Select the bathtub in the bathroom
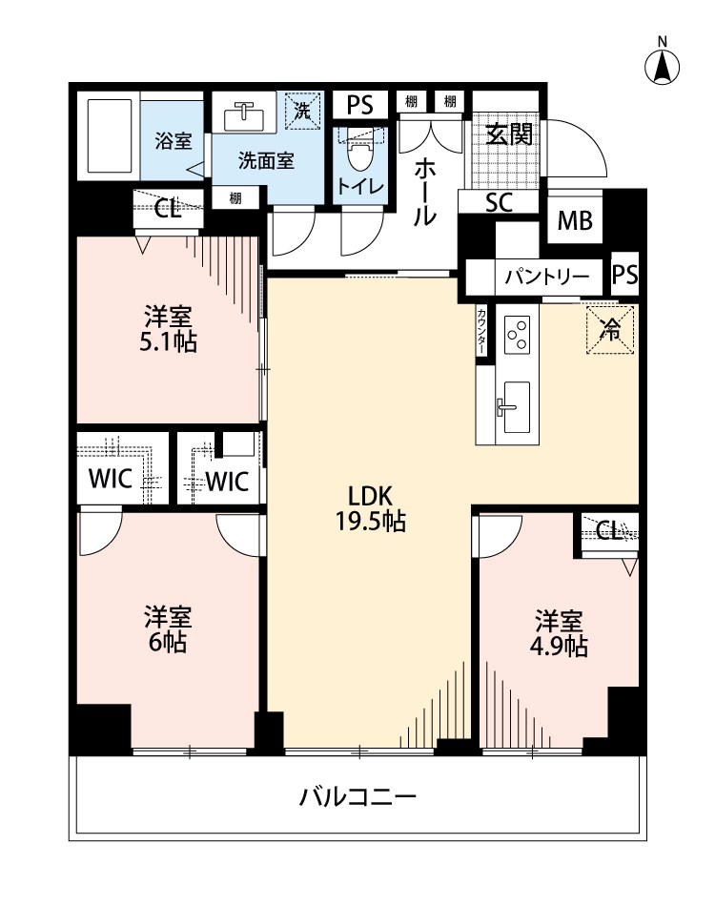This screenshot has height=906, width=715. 110,136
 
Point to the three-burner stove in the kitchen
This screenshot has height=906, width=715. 517,334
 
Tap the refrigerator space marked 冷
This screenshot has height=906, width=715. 610,329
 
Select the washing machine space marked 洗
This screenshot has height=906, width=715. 302,110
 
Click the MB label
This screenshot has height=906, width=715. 575,220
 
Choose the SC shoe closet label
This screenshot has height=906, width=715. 499,202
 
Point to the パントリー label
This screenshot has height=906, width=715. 546,277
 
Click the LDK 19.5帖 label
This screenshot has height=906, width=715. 371,509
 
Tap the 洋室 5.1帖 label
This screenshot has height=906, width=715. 168,329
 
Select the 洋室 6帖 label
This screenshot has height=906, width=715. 168,629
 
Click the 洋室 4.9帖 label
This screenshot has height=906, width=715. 559,634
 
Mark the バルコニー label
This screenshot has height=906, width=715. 357,797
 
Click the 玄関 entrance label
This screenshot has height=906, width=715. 509,135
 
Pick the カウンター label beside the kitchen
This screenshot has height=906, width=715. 481,331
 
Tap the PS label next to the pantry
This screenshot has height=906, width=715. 624,275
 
